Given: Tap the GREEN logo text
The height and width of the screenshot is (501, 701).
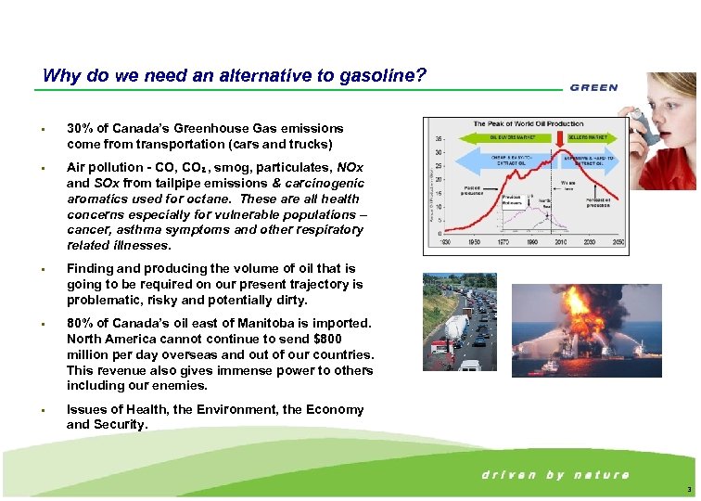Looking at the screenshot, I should click(x=593, y=88).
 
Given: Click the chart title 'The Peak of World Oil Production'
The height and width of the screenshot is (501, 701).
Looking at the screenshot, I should click(x=528, y=124).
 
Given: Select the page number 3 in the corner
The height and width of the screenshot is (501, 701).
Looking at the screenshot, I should click(x=687, y=490).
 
